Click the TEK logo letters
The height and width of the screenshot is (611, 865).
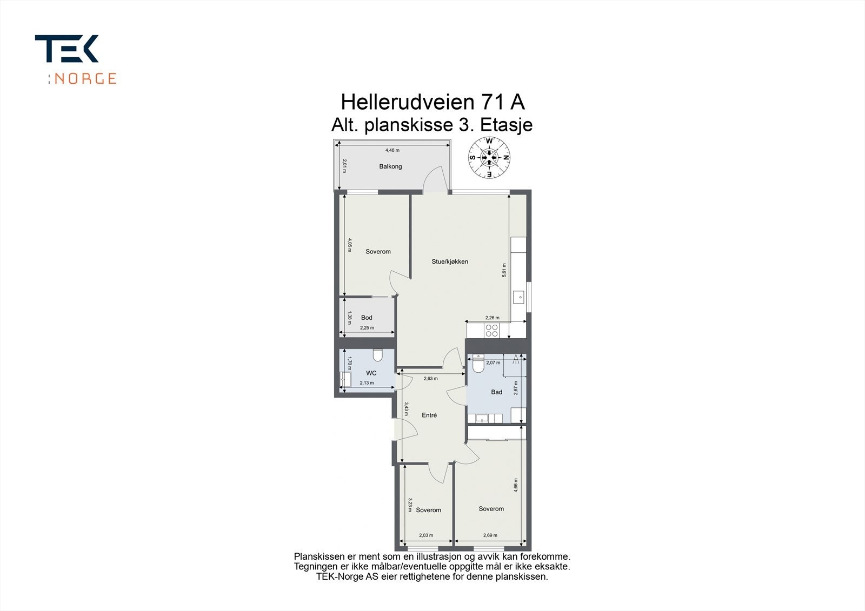pos(67,49)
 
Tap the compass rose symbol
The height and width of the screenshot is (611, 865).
pos(489,158)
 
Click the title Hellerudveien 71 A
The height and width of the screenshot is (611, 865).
pos(432,102)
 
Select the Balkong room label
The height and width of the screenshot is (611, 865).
pos(390,166)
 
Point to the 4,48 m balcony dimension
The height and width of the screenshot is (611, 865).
pos(392,150)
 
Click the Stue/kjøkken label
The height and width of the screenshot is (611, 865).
pos(450,261)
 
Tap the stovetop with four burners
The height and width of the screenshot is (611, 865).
pos(491,330)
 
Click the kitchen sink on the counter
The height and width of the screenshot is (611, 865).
pos(518,296)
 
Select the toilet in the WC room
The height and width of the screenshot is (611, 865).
pos(377,354)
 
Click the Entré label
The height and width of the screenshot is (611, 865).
pos(429,415)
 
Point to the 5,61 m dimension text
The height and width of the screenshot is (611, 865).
pos(504,270)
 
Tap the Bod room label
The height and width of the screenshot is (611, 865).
pos(367,318)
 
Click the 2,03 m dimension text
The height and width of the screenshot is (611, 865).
pos(426,535)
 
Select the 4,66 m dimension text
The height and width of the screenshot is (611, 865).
pos(516,485)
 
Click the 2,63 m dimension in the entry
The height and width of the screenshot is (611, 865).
pos(430,379)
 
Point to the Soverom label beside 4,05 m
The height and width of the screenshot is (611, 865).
pos(378,252)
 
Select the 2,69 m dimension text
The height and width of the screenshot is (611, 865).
pos(490,535)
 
